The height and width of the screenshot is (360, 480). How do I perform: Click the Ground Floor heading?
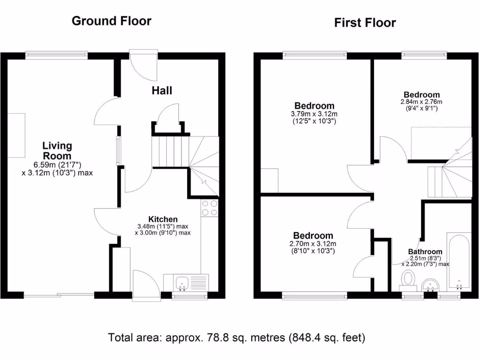(x=112, y=21)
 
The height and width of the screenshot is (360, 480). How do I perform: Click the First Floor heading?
(x=365, y=23)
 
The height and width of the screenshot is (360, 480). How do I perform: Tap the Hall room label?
(x=162, y=90)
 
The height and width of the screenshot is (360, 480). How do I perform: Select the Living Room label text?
(x=57, y=150)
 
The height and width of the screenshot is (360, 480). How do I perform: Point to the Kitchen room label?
(x=163, y=219)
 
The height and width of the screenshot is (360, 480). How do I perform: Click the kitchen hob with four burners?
(x=210, y=208)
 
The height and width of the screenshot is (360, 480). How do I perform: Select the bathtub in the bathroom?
(x=458, y=262)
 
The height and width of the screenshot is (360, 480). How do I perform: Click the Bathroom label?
(x=425, y=252)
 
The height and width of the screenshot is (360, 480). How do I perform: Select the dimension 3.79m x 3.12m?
(x=314, y=114)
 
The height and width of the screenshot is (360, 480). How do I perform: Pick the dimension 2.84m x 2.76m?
(x=421, y=102)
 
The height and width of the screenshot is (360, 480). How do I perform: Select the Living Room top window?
(x=56, y=55)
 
